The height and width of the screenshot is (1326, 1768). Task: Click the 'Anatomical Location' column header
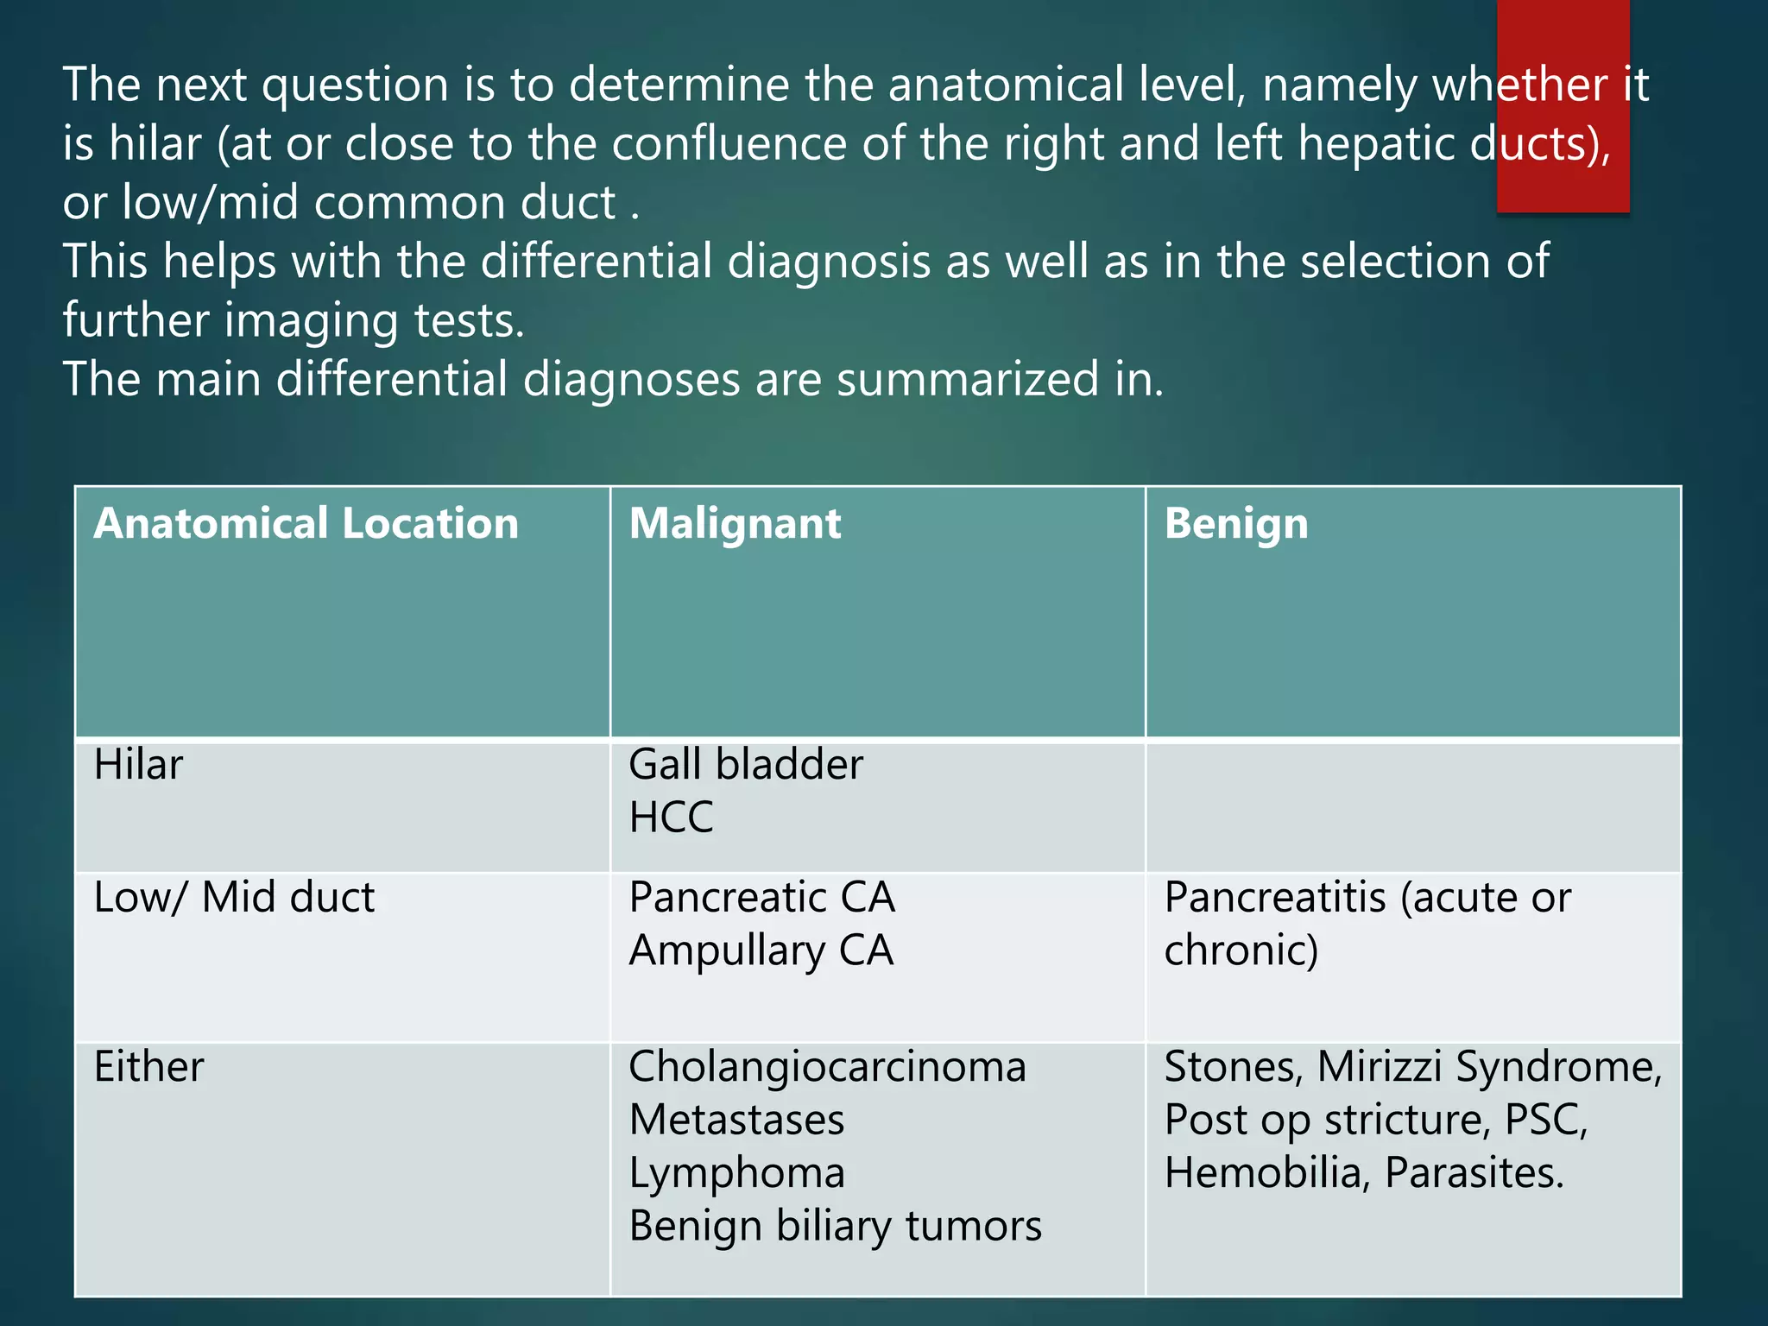pos(306,524)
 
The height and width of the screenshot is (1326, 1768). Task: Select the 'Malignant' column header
pos(735,524)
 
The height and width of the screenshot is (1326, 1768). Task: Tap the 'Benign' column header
pos(1236,524)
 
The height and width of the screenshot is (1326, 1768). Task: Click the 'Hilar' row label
pos(138,765)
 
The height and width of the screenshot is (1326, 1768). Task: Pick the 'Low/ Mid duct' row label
pos(234,898)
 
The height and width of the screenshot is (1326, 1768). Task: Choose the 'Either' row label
pos(148,1067)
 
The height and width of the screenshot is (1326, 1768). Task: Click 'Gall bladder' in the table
pos(746,765)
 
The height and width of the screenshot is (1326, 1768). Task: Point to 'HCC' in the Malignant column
pos(671,818)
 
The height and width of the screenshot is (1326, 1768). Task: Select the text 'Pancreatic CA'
pos(761,898)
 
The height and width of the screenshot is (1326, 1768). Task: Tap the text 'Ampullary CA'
pos(761,950)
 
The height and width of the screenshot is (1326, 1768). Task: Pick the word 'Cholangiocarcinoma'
pos(827,1067)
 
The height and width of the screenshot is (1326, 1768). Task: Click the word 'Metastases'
pos(736,1120)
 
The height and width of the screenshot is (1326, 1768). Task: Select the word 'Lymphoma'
pos(736,1173)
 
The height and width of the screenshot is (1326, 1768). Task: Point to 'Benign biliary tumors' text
pos(835,1226)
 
